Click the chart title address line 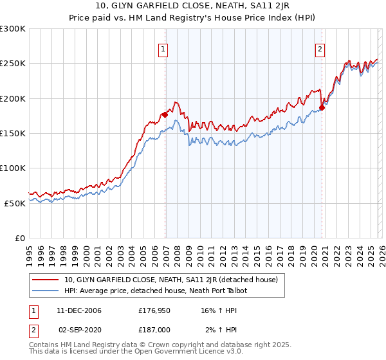[x=192, y=7]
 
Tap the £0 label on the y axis [x=19, y=237]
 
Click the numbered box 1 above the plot [x=163, y=49]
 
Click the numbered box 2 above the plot [x=320, y=49]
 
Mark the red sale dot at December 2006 [x=165, y=114]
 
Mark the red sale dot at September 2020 [x=322, y=107]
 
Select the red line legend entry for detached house [x=170, y=280]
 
